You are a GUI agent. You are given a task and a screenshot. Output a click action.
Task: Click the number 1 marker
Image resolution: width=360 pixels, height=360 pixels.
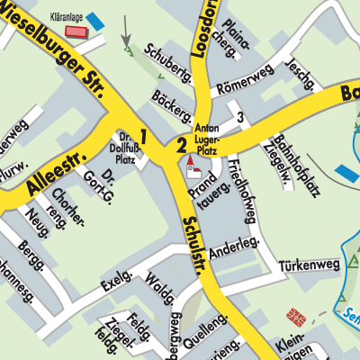click(143, 137)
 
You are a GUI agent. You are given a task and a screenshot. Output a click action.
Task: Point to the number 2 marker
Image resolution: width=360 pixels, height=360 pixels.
click(181, 144)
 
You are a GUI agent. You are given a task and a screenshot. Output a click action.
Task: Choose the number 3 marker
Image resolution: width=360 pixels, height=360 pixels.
click(239, 117)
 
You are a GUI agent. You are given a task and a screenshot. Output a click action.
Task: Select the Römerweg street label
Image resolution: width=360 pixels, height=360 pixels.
click(242, 84)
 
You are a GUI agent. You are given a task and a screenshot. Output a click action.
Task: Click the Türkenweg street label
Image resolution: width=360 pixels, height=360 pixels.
click(305, 265)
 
